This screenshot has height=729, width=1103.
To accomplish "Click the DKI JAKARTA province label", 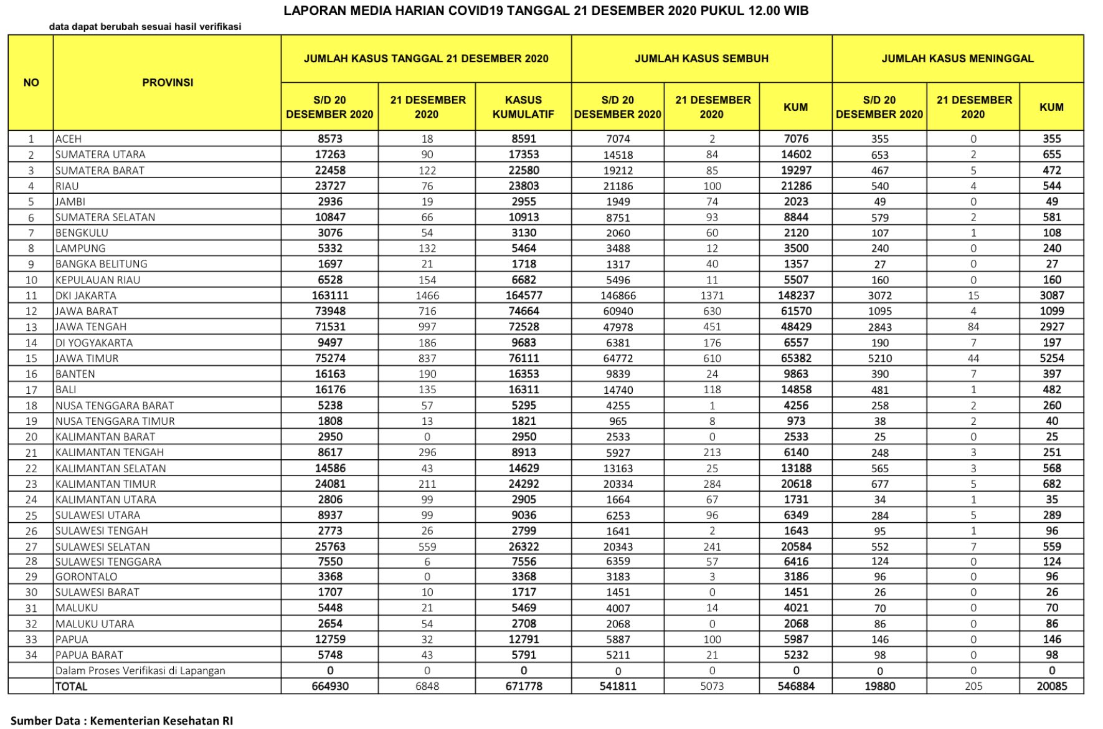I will coord(85,296).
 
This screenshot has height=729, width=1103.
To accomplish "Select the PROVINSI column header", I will coord(168,82).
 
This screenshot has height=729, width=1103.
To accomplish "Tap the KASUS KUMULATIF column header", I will coord(523,107).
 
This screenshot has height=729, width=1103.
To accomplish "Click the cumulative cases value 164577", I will coord(523,296).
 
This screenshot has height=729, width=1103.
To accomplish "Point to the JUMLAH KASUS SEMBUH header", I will coord(701,59).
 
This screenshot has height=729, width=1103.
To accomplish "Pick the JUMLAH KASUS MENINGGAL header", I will coord(957,59).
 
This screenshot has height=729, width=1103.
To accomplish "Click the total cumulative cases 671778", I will coord(523,686).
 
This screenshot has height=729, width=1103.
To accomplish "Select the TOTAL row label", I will coord(71,686).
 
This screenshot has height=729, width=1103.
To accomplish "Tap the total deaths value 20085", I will coord(1051,686).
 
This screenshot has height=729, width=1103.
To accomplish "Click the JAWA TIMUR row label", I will coord(87,358).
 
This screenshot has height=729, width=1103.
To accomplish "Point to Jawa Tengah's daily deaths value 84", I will coord(973,327).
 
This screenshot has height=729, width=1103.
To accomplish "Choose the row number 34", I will coord(31,655).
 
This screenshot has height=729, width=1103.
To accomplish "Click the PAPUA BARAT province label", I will coord(89,655).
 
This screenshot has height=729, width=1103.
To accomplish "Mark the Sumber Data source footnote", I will coord(121,720).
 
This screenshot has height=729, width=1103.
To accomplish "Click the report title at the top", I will coord(546,11).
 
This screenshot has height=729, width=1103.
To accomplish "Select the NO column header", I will coord(31,82).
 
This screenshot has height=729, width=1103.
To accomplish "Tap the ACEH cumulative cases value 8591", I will coord(523,139).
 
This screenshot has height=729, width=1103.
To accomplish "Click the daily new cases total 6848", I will coord(427,686).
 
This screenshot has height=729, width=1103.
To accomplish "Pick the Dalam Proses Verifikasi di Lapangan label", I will coord(140,670).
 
